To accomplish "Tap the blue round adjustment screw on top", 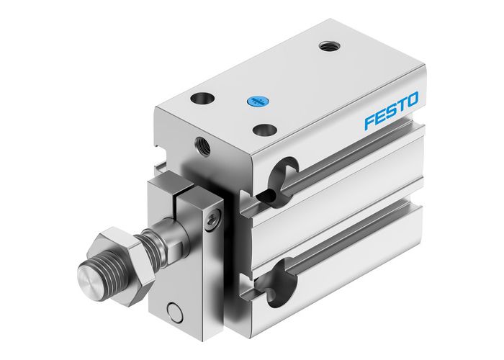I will pyautogui.click(x=253, y=102).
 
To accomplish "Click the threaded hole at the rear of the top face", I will pyautogui.click(x=328, y=46).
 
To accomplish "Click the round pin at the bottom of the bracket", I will pyautogui.click(x=172, y=312).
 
